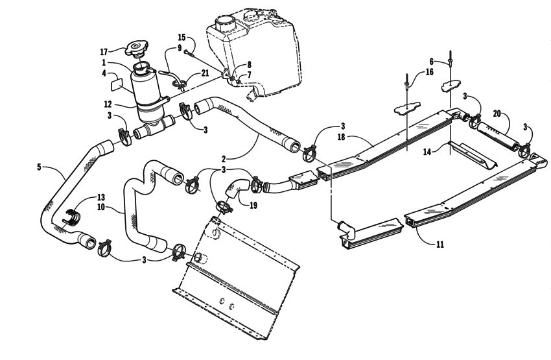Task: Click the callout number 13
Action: [100, 197]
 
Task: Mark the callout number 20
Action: [497, 113]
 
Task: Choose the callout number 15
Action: [182, 38]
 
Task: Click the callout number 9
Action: [180, 48]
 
